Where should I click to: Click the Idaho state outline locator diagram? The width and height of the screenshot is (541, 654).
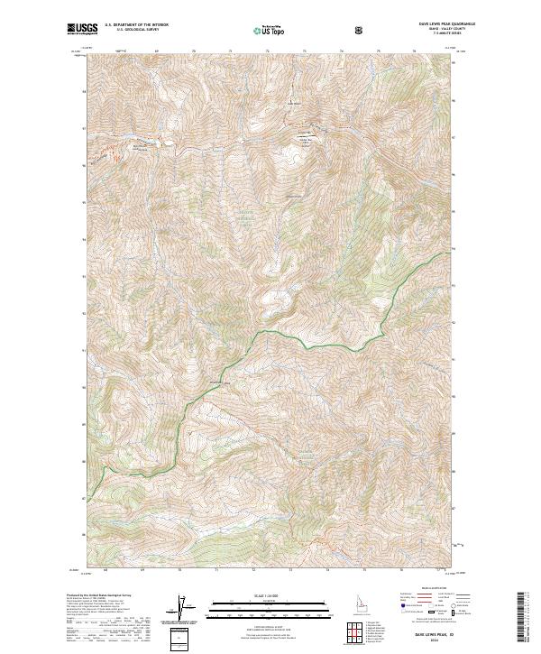351,602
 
